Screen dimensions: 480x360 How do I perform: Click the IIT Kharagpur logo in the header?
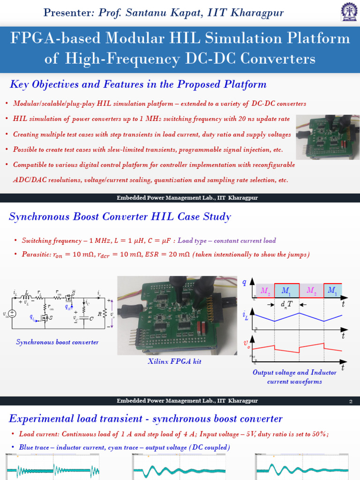347,13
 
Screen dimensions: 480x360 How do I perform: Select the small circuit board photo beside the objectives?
328,136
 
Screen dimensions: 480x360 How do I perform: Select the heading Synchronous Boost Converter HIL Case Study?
120,217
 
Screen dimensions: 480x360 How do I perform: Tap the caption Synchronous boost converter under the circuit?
57,342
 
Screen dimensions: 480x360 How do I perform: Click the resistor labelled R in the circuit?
105,312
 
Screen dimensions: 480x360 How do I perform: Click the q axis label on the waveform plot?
244,282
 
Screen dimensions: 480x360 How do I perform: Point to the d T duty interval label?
286,304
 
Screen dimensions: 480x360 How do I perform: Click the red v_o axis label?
246,344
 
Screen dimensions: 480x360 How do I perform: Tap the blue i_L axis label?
245,317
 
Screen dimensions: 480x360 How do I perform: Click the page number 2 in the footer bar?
351,401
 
